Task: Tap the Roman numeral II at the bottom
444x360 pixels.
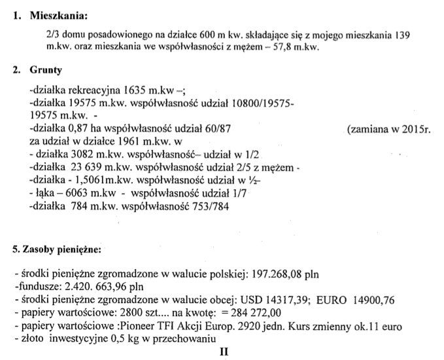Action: pyautogui.click(x=224, y=351)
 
